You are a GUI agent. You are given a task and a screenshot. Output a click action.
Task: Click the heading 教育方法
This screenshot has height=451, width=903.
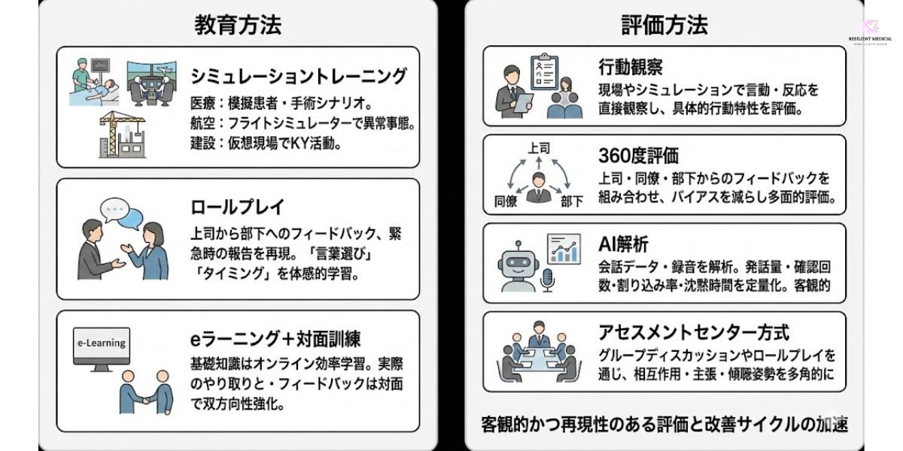[x=238, y=25]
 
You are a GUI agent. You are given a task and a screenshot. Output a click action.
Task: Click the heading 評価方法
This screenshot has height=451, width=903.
[x=664, y=25]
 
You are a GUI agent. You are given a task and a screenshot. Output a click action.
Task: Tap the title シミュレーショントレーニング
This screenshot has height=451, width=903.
[x=299, y=76]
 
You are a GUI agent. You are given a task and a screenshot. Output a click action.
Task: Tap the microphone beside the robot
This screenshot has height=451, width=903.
[x=547, y=280]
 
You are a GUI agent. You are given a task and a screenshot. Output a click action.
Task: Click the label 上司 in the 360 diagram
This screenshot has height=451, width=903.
[x=539, y=149]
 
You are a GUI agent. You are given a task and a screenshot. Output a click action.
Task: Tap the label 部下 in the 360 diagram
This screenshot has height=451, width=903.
[x=571, y=201]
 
